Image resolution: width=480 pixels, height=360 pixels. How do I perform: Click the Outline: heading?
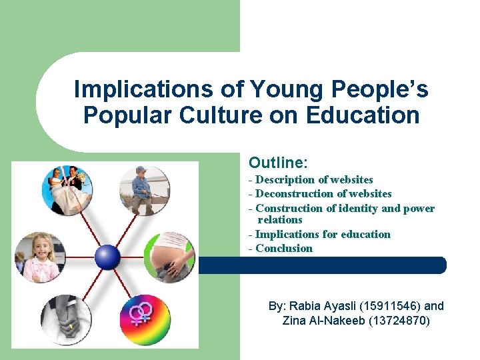pyautogui.click(x=278, y=163)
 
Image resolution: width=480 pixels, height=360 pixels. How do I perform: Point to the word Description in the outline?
pyautogui.click(x=287, y=179)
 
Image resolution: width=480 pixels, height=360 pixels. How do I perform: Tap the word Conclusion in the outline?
pyautogui.click(x=284, y=248)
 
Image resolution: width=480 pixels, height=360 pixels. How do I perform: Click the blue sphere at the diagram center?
pyautogui.click(x=107, y=256)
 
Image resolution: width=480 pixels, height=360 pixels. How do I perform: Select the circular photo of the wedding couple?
pyautogui.click(x=68, y=191)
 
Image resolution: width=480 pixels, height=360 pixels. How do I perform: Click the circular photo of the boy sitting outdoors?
pyautogui.click(x=145, y=190)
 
